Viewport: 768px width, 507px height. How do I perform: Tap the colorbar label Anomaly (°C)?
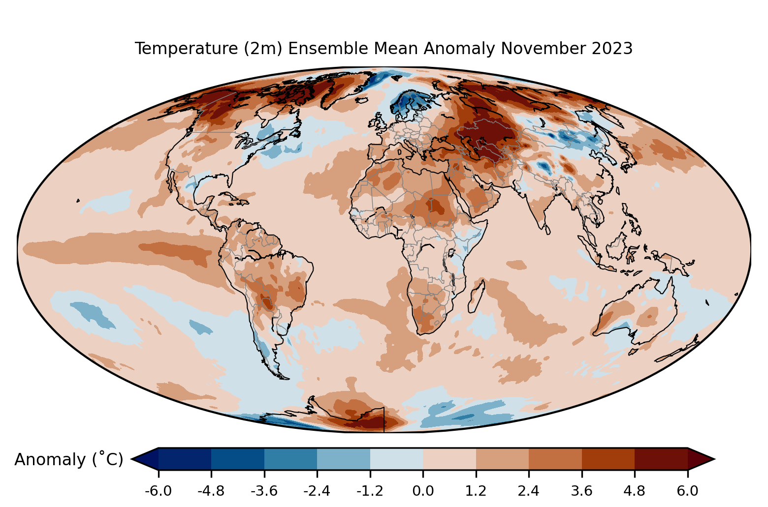tap(68, 460)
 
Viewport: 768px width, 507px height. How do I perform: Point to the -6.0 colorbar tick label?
tap(158, 491)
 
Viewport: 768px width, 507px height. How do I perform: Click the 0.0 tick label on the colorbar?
tap(423, 491)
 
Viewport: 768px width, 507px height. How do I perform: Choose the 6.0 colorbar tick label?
tap(687, 491)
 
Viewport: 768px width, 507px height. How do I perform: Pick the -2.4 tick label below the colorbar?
tap(317, 491)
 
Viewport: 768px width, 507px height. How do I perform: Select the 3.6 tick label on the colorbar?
tap(581, 491)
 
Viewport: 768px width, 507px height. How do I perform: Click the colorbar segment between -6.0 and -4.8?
tap(185, 459)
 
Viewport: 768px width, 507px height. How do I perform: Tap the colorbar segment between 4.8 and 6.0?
tap(661, 459)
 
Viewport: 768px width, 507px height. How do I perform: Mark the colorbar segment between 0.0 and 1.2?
tap(449, 459)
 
